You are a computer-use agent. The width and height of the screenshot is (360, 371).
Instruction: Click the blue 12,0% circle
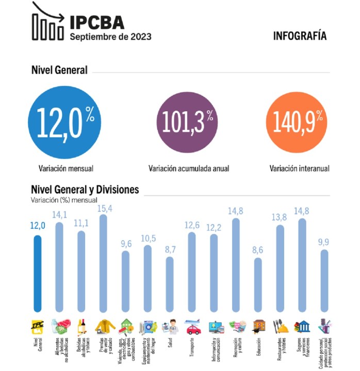[x=66, y=122]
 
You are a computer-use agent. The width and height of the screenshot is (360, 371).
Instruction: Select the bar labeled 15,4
[x=103, y=263]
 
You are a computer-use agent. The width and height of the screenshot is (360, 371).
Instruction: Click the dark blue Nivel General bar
[x=37, y=273]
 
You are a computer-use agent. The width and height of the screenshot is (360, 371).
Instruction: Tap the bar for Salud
[x=169, y=284]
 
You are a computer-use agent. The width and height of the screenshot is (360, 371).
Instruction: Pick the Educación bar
[x=258, y=284]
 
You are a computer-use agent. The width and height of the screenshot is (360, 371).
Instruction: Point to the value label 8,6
[x=258, y=251]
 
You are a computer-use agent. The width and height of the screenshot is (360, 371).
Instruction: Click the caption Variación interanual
[x=299, y=168]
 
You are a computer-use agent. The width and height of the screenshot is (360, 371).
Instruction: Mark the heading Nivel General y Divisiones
[x=85, y=190]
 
